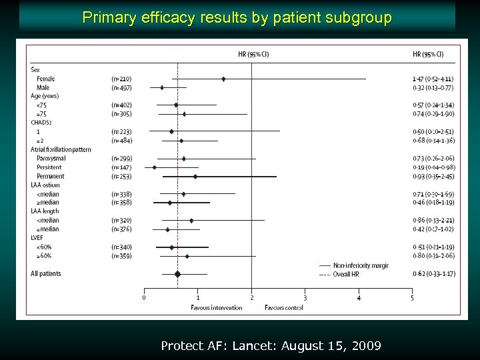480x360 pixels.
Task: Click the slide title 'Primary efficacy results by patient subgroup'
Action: pyautogui.click(x=237, y=18)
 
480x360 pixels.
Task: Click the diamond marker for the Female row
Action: pyautogui.click(x=223, y=79)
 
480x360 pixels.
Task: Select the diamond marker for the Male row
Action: pyautogui.click(x=162, y=87)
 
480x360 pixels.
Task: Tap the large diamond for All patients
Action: pyautogui.click(x=177, y=274)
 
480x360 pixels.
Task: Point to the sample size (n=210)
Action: pyautogui.click(x=121, y=79)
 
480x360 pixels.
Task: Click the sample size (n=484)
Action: pyautogui.click(x=121, y=141)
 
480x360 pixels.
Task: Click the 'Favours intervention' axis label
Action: pyautogui.click(x=216, y=307)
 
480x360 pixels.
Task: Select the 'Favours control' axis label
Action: pyautogui.click(x=283, y=307)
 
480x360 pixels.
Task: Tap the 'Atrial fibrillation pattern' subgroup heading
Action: pyautogui.click(x=61, y=149)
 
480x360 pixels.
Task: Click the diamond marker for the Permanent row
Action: pyautogui.click(x=195, y=176)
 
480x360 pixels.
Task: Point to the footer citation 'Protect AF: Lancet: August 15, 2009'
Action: pyautogui.click(x=271, y=345)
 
